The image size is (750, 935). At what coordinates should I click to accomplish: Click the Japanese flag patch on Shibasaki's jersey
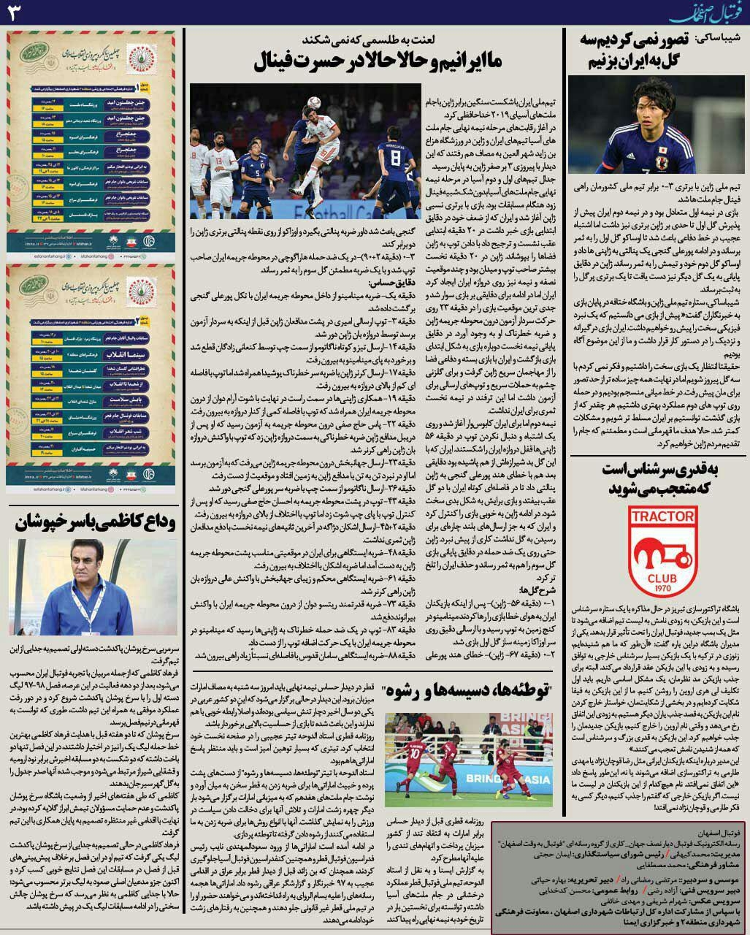pos(662,155)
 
